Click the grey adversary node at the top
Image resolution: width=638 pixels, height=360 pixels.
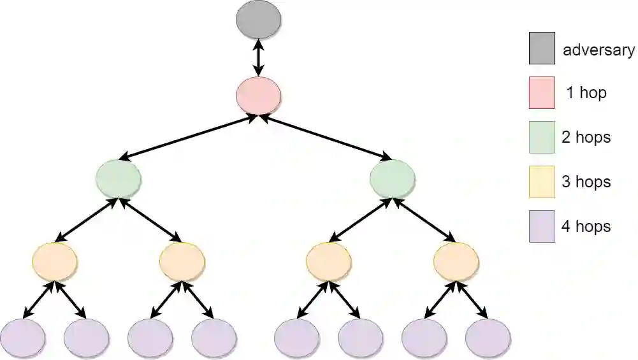tap(258, 19)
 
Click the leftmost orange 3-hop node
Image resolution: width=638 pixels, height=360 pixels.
tap(55, 261)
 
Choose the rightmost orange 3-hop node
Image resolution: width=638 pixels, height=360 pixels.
tap(456, 261)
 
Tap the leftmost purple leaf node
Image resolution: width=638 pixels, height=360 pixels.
tap(23, 338)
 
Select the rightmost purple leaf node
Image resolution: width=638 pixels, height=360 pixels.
tap(488, 338)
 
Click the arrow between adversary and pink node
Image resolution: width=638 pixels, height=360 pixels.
tap(258, 58)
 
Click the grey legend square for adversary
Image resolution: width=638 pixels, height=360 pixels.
tap(542, 49)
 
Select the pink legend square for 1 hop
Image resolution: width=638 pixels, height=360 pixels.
tap(542, 93)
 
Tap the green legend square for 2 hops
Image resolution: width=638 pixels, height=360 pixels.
tap(542, 138)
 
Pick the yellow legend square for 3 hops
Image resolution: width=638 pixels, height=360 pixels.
tap(542, 182)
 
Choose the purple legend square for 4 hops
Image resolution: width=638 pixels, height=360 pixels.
tap(542, 227)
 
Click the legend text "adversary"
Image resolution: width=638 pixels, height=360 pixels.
tap(598, 50)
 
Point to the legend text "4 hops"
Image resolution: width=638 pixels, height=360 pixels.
tap(586, 227)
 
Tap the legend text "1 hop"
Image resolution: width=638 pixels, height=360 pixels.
tap(586, 93)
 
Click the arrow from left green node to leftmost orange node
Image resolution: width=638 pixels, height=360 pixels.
tap(87, 220)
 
